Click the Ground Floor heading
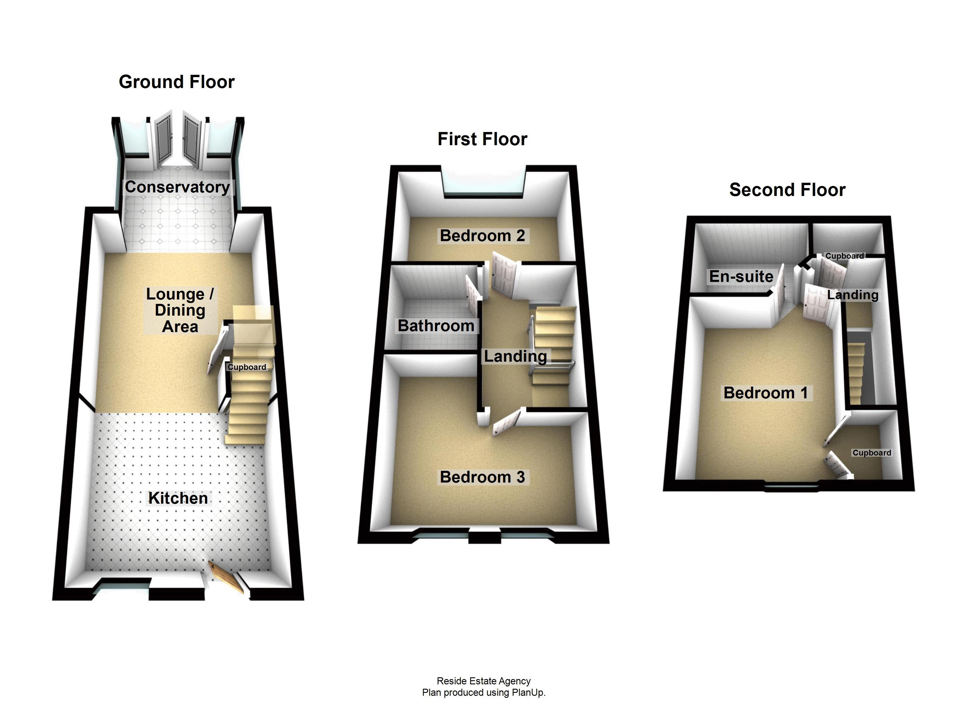[x=177, y=82]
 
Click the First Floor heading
[x=482, y=139]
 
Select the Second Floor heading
[x=788, y=190]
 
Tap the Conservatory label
[x=177, y=187]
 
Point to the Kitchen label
[x=178, y=498]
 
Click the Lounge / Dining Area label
[x=180, y=310]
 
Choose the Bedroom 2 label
[x=482, y=236]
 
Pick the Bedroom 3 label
[x=482, y=477]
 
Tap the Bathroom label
[x=436, y=326]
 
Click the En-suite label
[x=741, y=277]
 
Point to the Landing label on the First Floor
[x=515, y=356]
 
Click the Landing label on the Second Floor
[x=853, y=295]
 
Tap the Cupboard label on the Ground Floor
[x=247, y=367]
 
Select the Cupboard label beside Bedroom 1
[x=871, y=453]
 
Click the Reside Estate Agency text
[x=484, y=681]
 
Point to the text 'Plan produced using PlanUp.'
[x=484, y=693]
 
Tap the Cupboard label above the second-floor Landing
[x=844, y=256]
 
